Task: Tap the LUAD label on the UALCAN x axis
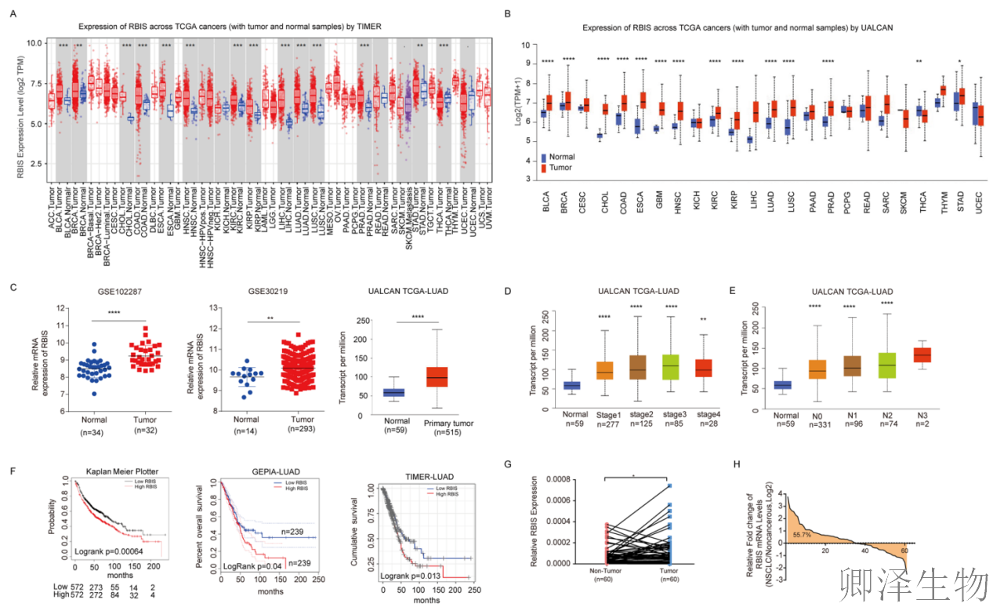click(772, 200)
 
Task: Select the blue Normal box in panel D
click(572, 384)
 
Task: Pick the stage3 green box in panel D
click(670, 366)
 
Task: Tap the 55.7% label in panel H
click(801, 533)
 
